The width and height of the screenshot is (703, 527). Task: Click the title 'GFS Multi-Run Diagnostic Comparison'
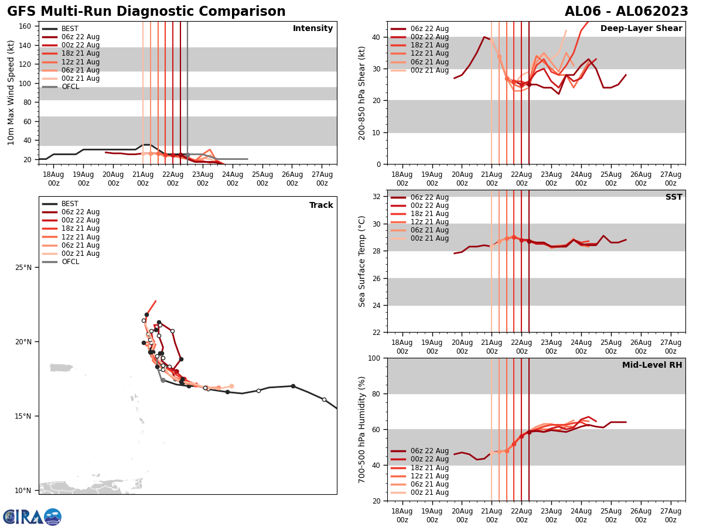[x=146, y=12]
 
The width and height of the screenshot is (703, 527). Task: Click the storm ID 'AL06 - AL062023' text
[x=626, y=12]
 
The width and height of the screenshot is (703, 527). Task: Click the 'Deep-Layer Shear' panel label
[x=641, y=29]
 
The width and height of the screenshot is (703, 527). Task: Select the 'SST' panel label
[x=674, y=197]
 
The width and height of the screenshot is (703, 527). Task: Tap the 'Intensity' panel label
[x=313, y=29]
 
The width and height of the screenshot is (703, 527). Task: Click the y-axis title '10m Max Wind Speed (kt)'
[x=11, y=93]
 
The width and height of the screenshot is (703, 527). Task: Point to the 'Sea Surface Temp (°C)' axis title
[x=362, y=261]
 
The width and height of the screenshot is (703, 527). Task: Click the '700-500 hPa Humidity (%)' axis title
[x=362, y=429]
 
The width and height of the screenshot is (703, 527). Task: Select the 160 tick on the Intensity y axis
[x=26, y=26]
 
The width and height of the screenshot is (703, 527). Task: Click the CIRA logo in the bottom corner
[x=32, y=517]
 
